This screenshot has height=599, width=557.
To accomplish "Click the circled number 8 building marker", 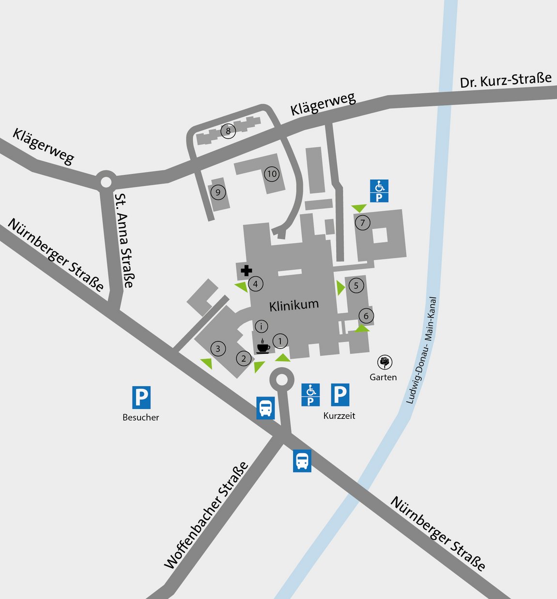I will (x=228, y=131).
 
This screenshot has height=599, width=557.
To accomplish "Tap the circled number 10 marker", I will (x=272, y=174).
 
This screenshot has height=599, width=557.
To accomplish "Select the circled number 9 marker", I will (x=218, y=193).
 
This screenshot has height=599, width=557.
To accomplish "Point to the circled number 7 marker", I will (x=362, y=223).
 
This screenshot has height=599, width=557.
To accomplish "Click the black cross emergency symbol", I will (x=246, y=271).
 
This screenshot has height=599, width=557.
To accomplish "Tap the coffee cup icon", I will (x=263, y=347).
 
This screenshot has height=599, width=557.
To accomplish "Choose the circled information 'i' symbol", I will (x=261, y=326).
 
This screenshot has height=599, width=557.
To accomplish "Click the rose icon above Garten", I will (x=385, y=362).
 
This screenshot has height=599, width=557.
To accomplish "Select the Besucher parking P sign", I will (x=141, y=397).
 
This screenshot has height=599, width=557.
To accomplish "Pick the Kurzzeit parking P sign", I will (x=340, y=395).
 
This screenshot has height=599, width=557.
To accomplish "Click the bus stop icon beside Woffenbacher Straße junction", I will (x=265, y=408).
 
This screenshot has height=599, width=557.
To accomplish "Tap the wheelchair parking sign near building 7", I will (x=379, y=191).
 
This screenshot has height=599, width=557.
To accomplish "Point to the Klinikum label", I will (x=294, y=305).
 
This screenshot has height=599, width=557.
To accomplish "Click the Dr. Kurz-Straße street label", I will (x=506, y=80).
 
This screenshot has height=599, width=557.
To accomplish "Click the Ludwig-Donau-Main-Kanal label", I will (x=421, y=350).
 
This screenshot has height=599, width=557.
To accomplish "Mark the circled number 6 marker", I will (x=366, y=316).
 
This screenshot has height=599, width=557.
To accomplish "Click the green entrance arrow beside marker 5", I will (x=340, y=288).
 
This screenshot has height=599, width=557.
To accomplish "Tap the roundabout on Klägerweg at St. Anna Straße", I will (x=106, y=182).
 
